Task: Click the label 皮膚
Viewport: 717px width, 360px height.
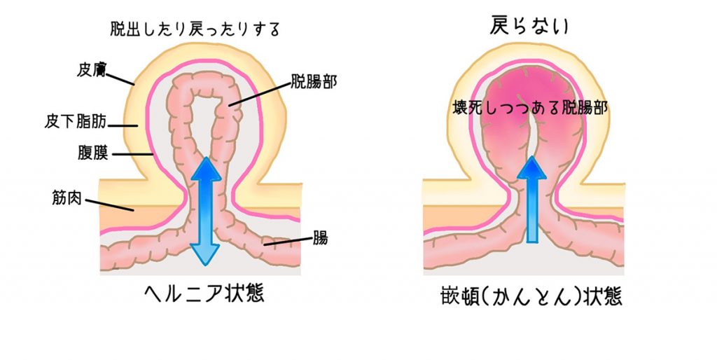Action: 91,70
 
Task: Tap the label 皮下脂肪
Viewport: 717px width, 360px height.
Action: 76,121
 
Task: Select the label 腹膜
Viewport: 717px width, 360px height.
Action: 93,153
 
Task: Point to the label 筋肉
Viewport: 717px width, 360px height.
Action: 67,198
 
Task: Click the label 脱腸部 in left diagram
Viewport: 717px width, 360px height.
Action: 314,82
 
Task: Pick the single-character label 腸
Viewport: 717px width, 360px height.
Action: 320,238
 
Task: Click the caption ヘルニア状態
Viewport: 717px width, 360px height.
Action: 204,292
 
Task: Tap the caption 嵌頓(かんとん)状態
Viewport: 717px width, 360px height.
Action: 531,296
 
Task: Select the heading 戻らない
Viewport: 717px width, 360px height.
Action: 529,26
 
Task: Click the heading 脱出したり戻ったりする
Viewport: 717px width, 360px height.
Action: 195,29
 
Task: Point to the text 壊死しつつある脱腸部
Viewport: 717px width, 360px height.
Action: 530,108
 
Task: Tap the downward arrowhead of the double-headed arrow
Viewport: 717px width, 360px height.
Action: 205,255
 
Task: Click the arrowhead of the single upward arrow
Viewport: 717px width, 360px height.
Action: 531,167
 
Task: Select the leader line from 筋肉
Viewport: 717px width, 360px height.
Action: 109,205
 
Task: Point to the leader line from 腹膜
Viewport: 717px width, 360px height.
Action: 132,154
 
